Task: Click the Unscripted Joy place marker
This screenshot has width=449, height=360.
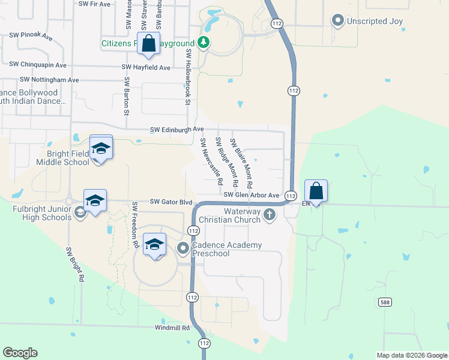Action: point(337,21)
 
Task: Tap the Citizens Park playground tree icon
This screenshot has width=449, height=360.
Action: point(204,43)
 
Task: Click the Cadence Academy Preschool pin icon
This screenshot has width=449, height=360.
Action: point(182,247)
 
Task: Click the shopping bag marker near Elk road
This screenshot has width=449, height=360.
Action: point(316,191)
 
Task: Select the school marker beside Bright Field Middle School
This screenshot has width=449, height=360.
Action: point(101,148)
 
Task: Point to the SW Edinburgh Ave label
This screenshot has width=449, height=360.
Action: point(177,129)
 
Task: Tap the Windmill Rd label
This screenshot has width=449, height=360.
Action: point(172,328)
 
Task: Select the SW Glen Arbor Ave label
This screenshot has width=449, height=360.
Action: point(252,195)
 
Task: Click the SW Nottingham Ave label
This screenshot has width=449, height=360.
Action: point(49,79)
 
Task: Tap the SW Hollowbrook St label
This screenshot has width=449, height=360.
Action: point(187,77)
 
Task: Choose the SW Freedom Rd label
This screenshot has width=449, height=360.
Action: point(135,225)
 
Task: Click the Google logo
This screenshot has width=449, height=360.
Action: point(20,353)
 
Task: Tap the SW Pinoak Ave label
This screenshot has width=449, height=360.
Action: point(31,37)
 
